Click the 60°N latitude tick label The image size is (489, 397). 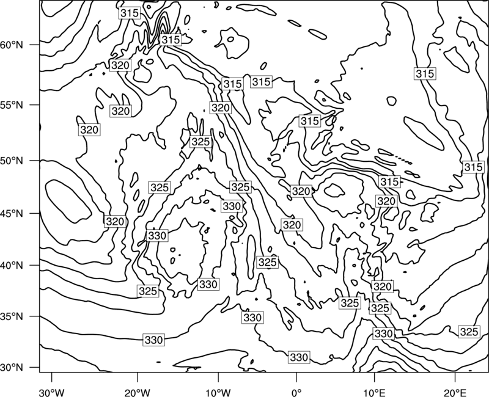click(12, 45)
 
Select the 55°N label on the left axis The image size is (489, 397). click(12, 105)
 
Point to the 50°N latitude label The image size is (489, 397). click(12, 161)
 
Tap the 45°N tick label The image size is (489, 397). click(12, 213)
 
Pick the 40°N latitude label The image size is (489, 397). click(12, 266)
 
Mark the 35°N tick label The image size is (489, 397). click(12, 316)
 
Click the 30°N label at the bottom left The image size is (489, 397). click(12, 368)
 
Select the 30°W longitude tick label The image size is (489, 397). click(52, 392)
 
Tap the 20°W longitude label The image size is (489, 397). click(138, 392)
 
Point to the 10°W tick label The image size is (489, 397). click(218, 392)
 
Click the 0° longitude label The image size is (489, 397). click(296, 392)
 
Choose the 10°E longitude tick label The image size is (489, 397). click(375, 392)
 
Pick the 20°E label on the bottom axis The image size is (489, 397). click(455, 392)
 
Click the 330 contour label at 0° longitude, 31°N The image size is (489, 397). click(299, 357)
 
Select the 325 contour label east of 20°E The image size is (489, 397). click(469, 332)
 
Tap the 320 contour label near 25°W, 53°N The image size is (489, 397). click(89, 129)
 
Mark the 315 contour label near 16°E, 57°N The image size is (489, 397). click(425, 73)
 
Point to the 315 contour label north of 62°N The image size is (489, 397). click(130, 13)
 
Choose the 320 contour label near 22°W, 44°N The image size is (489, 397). click(115, 222)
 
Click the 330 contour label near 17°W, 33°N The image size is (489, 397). click(154, 340)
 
